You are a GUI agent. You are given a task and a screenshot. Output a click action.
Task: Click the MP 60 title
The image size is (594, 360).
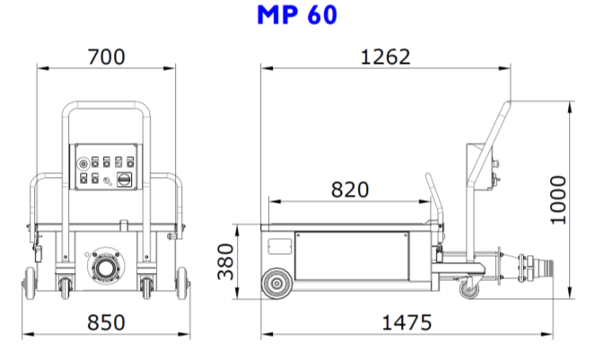(297, 16)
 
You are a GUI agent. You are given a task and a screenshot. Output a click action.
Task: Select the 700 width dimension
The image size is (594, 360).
(106, 57)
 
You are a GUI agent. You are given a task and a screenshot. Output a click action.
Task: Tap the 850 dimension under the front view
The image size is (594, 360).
(106, 321)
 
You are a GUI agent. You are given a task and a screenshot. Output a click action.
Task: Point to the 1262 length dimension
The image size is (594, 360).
(385, 57)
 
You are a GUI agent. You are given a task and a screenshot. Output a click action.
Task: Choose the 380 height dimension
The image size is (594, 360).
(225, 261)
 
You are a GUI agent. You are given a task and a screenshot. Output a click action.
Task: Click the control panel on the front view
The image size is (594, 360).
(106, 170)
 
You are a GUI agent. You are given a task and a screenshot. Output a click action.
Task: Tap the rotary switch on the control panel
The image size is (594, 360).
(124, 180)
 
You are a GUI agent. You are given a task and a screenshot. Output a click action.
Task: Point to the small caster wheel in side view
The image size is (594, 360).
(468, 289)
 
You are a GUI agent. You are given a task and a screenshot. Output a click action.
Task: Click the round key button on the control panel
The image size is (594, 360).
(83, 164)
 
